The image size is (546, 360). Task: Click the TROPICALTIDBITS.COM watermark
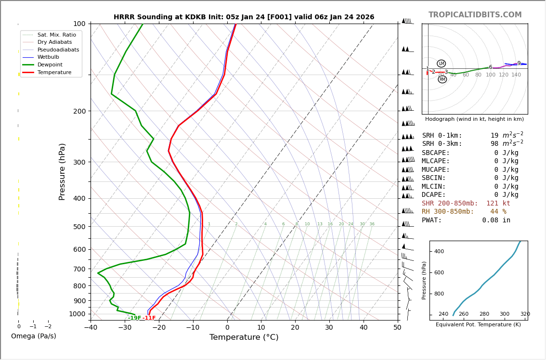tap(475, 15)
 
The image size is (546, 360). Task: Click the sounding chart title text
tap(244, 17)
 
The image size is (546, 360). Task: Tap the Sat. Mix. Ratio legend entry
tap(56, 35)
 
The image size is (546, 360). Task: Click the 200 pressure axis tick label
tap(79, 111)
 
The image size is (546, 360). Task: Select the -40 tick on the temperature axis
tap(91, 328)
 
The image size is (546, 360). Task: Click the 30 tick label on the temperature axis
tap(329, 328)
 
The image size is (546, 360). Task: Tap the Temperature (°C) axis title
tap(244, 337)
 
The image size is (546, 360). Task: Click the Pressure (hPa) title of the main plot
tap(63, 171)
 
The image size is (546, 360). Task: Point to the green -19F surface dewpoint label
tap(134, 318)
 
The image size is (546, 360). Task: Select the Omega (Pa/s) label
tap(33, 336)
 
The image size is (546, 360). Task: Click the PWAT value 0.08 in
tap(496, 220)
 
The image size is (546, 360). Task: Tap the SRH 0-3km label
tap(442, 144)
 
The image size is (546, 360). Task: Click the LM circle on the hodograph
tap(441, 64)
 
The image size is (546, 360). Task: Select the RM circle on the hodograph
tap(442, 79)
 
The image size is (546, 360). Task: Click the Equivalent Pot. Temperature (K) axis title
tap(478, 324)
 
